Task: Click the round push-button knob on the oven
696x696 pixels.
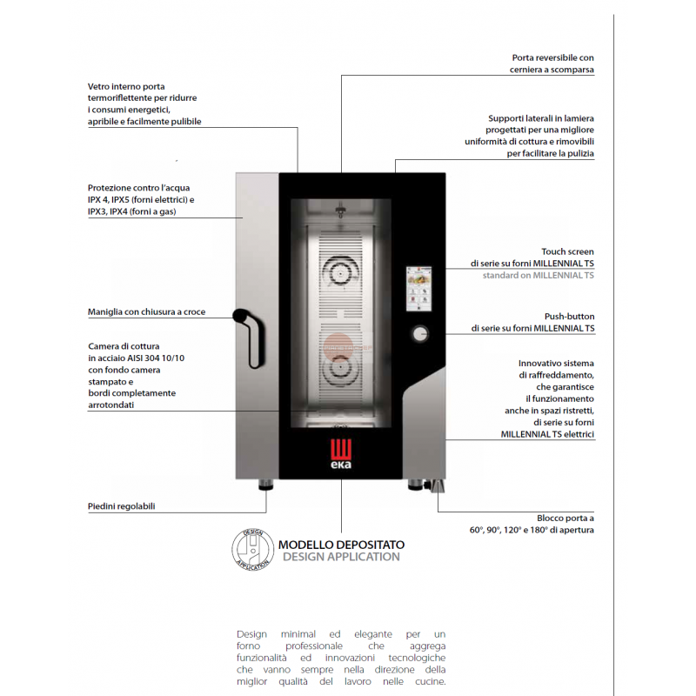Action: pyautogui.click(x=420, y=333)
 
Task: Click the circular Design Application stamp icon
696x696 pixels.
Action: pyautogui.click(x=251, y=549)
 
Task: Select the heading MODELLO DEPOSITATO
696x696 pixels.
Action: pyautogui.click(x=341, y=545)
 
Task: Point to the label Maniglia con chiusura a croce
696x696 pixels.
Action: pyautogui.click(x=146, y=311)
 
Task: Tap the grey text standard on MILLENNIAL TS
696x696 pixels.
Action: pyautogui.click(x=539, y=275)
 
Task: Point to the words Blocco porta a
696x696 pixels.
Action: pyautogui.click(x=565, y=517)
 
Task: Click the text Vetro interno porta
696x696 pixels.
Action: pyautogui.click(x=126, y=86)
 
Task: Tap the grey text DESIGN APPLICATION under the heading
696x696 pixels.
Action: pyautogui.click(x=341, y=557)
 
